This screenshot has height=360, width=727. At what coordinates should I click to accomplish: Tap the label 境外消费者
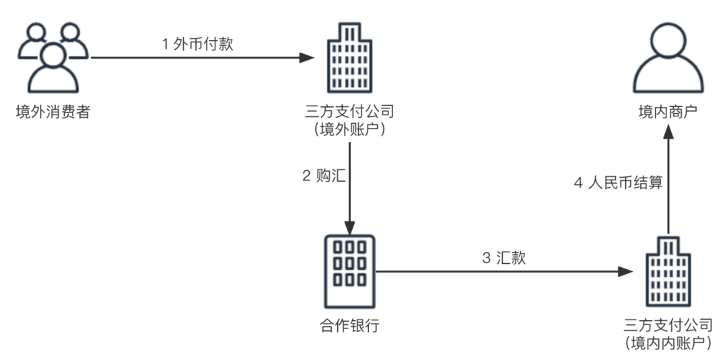[53, 112]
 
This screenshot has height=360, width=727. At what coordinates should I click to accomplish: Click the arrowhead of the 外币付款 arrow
[308, 58]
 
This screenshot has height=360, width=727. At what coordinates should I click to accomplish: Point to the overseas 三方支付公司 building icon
[349, 58]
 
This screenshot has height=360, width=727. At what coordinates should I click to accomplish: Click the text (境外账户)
[349, 131]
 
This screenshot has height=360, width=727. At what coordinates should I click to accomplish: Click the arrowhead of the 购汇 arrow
[349, 223]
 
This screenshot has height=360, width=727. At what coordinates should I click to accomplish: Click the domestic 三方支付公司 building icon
[667, 272]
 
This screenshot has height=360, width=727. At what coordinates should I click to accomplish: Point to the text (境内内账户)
[668, 344]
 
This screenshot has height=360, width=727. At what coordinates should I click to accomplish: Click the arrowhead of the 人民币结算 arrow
[667, 133]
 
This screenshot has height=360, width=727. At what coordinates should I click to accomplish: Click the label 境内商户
[667, 112]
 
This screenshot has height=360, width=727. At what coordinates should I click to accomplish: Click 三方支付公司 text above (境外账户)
[349, 112]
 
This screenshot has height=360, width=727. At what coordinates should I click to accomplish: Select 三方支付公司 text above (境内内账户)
[668, 326]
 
